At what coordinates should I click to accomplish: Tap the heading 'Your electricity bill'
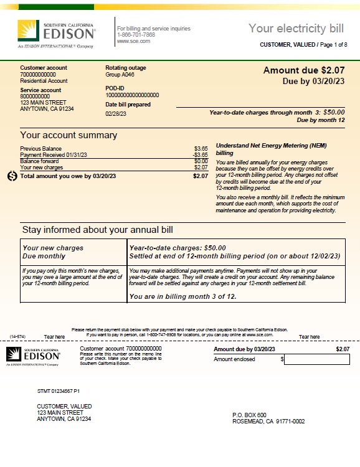click(x=296, y=28)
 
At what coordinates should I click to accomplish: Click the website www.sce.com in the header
click(x=131, y=40)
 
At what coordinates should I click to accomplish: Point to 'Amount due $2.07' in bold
click(x=303, y=70)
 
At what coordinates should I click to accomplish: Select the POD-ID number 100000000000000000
click(x=132, y=95)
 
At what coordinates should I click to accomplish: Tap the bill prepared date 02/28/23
click(x=116, y=114)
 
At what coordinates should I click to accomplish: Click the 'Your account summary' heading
click(x=69, y=135)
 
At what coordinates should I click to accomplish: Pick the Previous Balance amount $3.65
click(x=201, y=149)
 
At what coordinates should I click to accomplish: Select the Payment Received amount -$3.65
click(x=200, y=155)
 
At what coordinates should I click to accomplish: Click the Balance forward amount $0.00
click(x=201, y=161)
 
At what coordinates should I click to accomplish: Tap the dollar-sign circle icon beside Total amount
click(x=12, y=176)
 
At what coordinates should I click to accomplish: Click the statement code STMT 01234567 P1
click(x=59, y=390)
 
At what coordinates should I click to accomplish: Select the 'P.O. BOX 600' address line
click(x=249, y=415)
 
